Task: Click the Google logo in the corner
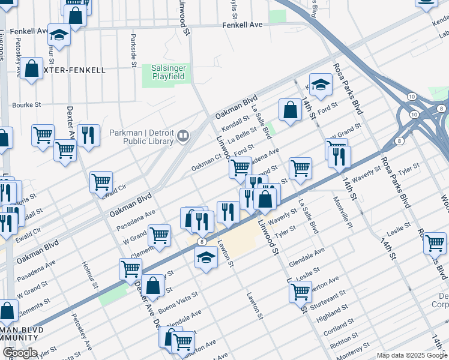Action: tap(20, 353)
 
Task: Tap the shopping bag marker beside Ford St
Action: tap(290, 110)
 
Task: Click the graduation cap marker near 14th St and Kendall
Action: tap(321, 85)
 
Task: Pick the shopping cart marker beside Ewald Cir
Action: tap(101, 182)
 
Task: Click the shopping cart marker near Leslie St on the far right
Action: tap(435, 244)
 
